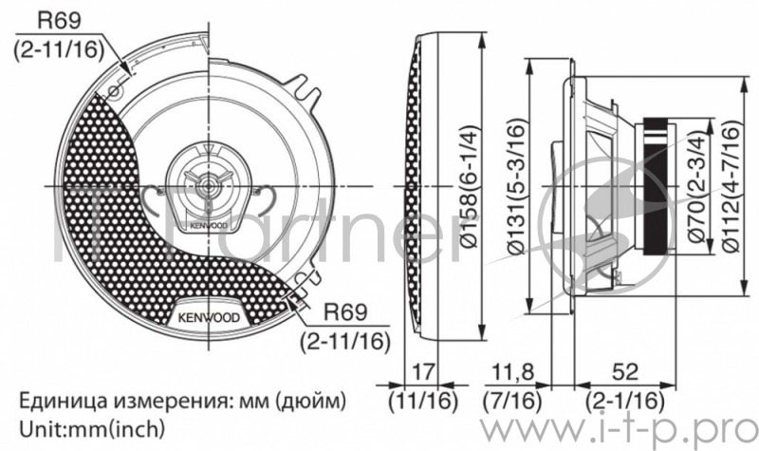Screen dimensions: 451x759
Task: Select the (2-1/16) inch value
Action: pos(623,398)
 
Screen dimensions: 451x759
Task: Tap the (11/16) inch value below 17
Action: pos(423,398)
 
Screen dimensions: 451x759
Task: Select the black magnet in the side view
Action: pos(655,185)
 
